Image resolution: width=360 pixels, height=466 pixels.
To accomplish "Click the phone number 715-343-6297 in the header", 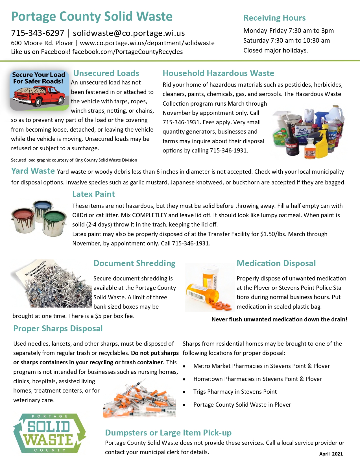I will tap(38, 33).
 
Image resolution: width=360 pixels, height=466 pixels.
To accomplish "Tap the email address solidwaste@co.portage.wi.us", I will tap(129, 33).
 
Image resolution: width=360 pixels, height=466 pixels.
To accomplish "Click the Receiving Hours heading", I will tap(274, 18).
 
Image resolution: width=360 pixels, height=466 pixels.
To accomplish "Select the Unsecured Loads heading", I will tap(106, 73).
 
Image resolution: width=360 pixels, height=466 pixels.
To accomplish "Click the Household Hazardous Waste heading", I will tap(218, 73).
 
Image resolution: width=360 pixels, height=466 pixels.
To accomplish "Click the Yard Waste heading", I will tap(33, 171).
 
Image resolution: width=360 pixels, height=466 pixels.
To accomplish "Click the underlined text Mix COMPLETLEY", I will tap(144, 215).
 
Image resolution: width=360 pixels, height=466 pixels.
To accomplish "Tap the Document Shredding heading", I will tap(134, 263).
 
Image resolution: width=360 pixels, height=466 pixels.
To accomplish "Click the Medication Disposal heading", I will tap(276, 263).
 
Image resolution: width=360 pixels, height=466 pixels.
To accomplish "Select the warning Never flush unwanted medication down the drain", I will tap(279, 319).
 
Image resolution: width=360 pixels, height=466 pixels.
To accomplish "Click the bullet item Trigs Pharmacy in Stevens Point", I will tap(235, 392).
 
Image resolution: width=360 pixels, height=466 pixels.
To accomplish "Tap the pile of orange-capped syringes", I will tap(140, 399).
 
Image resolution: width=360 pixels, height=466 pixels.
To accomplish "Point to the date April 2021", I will tap(331, 454).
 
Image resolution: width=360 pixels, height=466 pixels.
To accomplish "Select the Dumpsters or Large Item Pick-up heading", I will tap(168, 433).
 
